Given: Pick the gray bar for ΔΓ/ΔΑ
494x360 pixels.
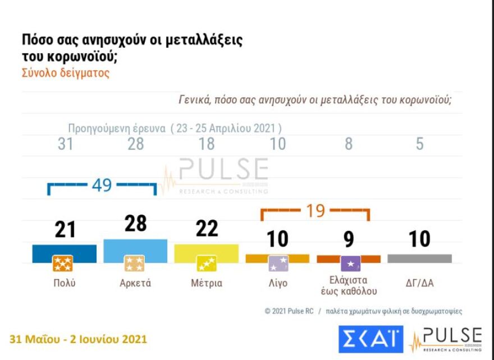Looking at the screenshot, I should coord(419,258).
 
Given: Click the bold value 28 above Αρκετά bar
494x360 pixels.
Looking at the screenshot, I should coord(135,224).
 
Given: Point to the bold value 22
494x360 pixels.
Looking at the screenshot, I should coord(207,229).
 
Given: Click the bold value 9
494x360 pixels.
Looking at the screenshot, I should coord(349,239).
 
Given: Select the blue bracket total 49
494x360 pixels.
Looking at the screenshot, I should coord(102,185).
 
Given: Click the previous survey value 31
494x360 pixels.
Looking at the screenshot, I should coord(65,144).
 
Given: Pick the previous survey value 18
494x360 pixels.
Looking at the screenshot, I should coord(207,144).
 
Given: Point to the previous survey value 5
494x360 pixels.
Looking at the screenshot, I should coord(419,144).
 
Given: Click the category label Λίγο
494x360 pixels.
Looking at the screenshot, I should coord(277,283).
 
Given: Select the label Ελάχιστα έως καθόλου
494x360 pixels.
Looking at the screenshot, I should coord(349,285).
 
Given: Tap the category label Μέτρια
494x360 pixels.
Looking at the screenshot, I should coord(207,283).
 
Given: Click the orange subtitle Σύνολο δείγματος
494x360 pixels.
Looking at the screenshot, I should coord(65,74).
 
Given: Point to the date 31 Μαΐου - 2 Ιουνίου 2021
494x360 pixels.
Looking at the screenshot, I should coord(79,339).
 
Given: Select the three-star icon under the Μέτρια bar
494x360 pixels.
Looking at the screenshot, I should coord(207,263).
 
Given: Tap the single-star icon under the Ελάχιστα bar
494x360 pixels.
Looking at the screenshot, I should coord(350,263).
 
